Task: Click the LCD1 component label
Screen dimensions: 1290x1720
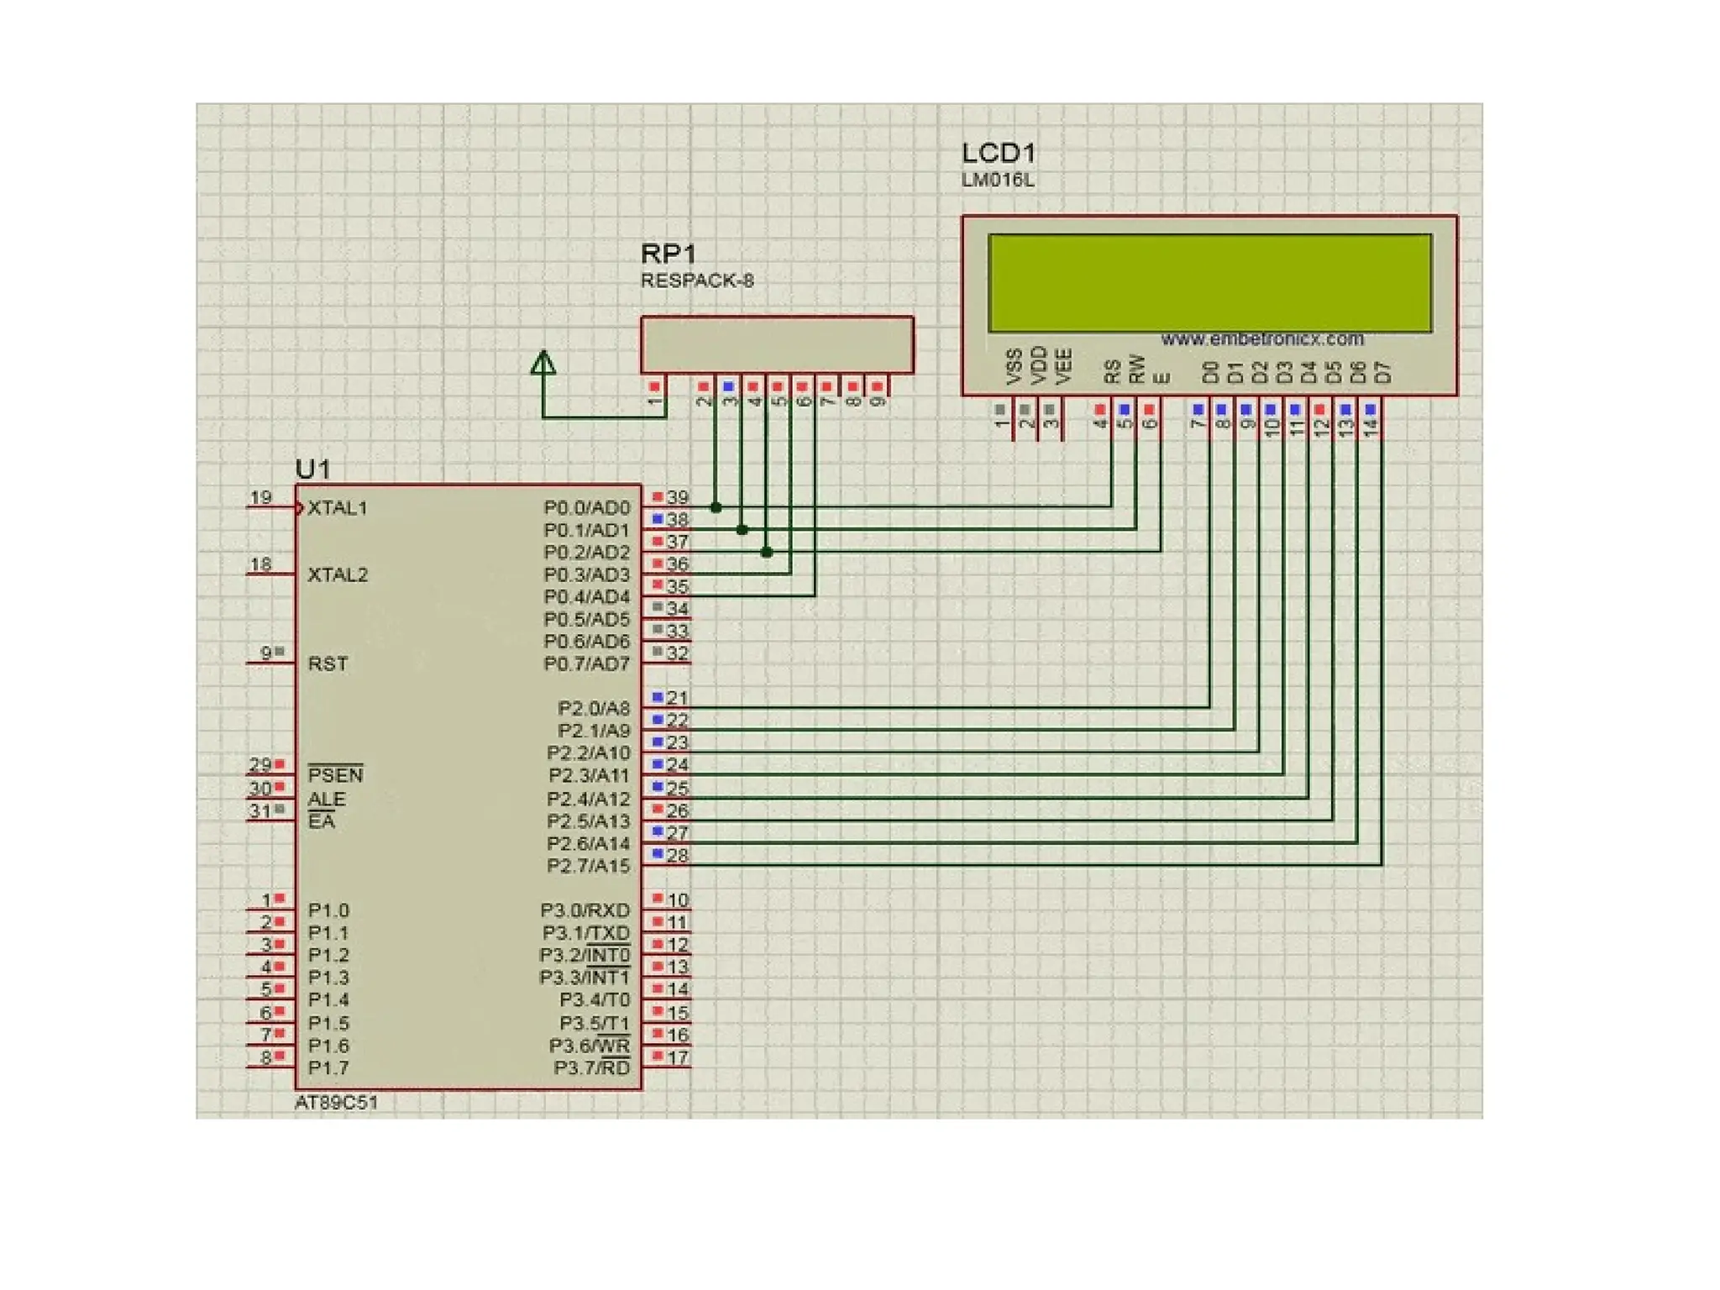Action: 998,153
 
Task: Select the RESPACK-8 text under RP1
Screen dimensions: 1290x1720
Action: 696,281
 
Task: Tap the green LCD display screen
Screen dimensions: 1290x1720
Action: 1209,283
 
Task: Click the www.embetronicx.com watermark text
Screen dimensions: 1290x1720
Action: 1261,338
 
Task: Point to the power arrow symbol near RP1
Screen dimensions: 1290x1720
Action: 543,363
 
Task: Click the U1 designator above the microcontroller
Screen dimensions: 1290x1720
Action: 312,469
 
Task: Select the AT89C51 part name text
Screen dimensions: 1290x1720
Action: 336,1103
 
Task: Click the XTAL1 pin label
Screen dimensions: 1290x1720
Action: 337,508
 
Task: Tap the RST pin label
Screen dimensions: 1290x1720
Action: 328,663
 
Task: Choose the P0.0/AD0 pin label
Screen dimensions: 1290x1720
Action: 586,508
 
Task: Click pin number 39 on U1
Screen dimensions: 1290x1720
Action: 677,497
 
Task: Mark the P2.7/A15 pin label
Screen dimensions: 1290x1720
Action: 588,866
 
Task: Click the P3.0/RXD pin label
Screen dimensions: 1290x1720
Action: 585,910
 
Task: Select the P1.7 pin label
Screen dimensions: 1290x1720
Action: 328,1068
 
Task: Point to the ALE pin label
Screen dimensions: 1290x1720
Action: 326,799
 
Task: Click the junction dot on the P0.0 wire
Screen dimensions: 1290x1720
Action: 716,507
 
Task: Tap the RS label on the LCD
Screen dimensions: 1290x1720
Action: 1113,371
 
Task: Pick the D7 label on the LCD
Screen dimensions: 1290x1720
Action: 1383,372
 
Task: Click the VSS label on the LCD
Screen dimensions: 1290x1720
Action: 1014,367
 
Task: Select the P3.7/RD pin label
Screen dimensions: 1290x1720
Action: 591,1068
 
